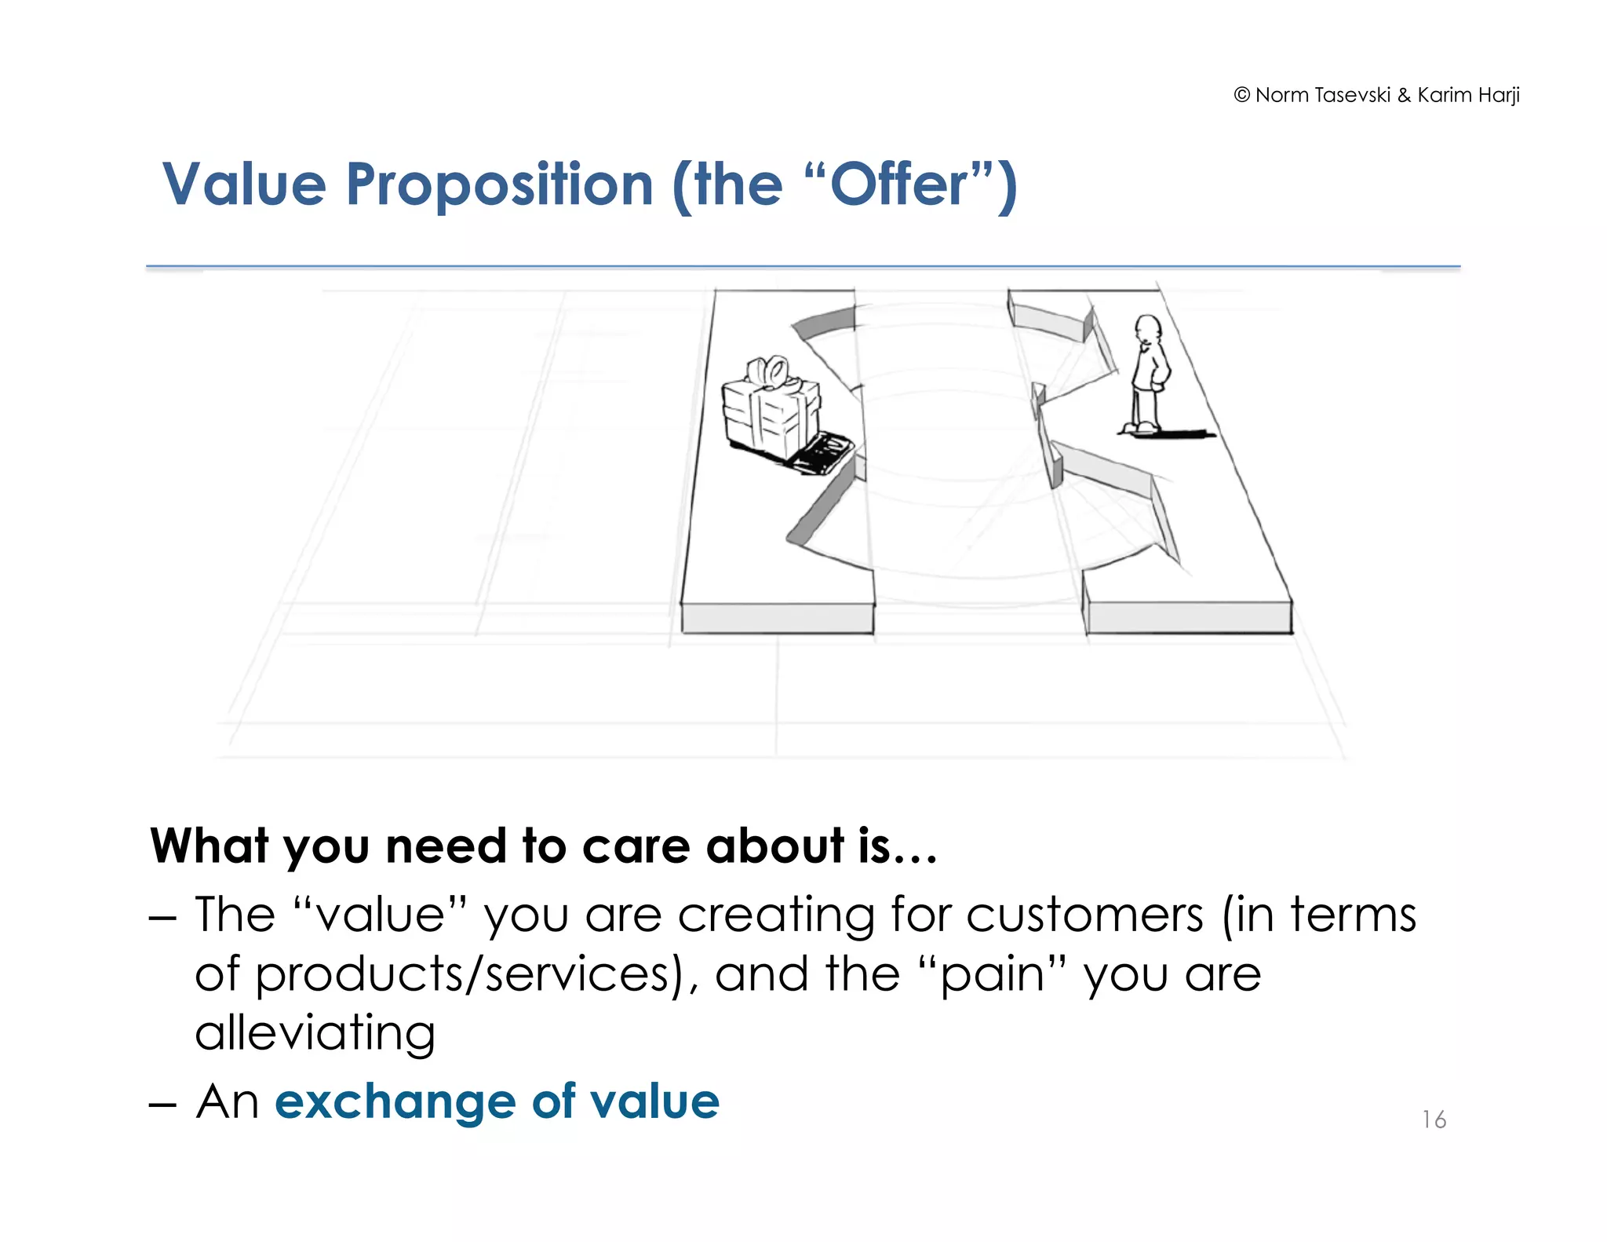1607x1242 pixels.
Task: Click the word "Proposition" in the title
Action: [x=499, y=185]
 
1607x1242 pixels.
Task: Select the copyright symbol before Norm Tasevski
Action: [x=1241, y=95]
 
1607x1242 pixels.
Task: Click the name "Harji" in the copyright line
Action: [x=1499, y=96]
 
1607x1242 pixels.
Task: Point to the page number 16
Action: [x=1434, y=1120]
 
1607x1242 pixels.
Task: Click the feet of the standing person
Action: [x=1139, y=428]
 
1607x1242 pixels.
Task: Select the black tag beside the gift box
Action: [x=822, y=455]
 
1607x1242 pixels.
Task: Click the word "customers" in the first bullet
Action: [x=1084, y=915]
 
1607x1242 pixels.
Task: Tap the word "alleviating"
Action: [x=315, y=1033]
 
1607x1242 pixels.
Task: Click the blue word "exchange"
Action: [x=395, y=1101]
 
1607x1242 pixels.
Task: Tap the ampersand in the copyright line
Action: [x=1404, y=96]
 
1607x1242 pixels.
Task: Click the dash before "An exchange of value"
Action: [x=162, y=1103]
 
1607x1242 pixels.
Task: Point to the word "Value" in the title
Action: [x=244, y=185]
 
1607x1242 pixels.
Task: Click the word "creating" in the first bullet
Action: [x=775, y=915]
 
